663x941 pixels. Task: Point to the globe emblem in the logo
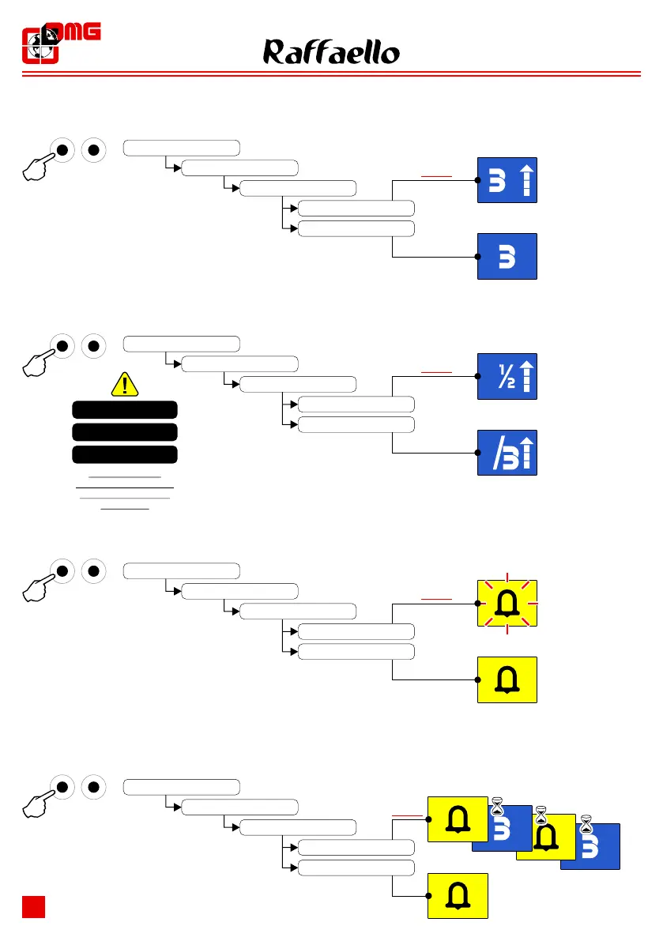click(37, 45)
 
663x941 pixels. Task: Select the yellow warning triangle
click(125, 385)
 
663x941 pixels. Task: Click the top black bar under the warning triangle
click(125, 409)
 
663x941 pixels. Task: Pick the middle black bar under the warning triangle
click(125, 432)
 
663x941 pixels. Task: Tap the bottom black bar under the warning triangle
click(125, 455)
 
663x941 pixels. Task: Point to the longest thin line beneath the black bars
click(125, 489)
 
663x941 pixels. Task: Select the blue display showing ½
click(507, 376)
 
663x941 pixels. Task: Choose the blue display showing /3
click(507, 453)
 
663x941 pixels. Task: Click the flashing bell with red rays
click(507, 604)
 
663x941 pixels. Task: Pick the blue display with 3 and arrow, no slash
click(507, 180)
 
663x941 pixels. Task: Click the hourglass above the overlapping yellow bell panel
click(541, 815)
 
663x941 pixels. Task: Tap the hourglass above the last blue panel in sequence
click(586, 825)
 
